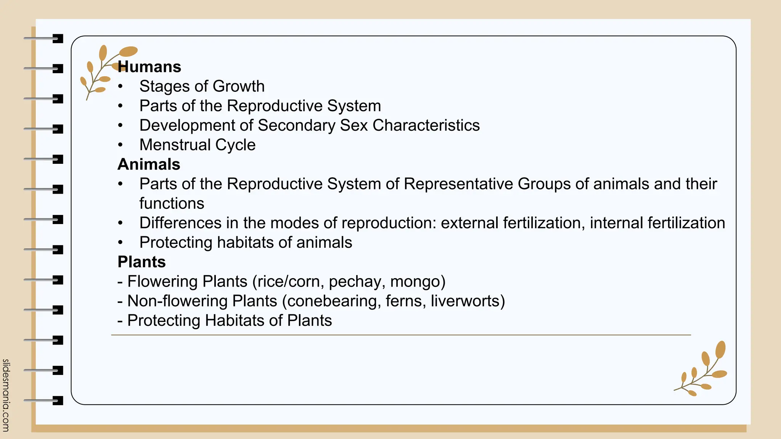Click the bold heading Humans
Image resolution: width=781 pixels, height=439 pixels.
[149, 67]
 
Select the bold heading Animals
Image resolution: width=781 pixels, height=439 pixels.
[149, 164]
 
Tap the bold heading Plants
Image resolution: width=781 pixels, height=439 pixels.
[141, 262]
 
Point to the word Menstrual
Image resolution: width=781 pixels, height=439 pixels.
[175, 145]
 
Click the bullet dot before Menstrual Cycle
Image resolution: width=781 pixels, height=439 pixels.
[121, 145]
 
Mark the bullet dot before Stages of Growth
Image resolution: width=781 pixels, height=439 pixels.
[121, 87]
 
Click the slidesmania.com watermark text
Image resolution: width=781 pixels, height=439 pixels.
[6, 395]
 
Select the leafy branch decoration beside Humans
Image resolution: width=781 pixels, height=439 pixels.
[101, 70]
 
